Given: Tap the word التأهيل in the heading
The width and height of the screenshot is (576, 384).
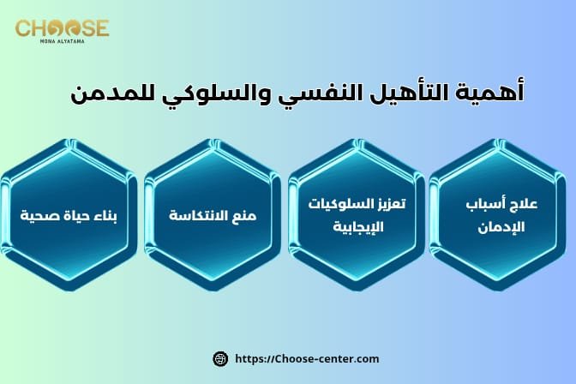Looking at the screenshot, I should coord(405,92).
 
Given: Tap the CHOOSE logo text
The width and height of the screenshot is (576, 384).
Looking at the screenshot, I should coord(62,28).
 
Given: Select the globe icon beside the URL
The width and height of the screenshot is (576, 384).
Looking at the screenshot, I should coord(219,358).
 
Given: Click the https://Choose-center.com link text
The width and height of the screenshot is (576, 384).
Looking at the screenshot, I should coord(306,358).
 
